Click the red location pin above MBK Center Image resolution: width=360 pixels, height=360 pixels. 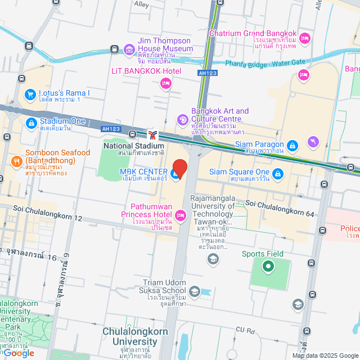pos(179,167)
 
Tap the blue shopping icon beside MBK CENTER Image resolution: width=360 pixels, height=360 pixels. pos(175,175)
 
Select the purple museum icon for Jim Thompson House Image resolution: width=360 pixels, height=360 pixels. pos(129,49)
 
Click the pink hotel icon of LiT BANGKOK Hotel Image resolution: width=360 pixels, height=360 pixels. pos(165,84)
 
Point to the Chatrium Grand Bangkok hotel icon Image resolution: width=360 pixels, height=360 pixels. pos(304,38)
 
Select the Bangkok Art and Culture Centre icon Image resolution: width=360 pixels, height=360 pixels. pos(182,119)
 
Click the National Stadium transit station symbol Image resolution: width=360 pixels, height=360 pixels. pos(152,134)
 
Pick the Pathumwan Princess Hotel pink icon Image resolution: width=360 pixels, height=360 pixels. pos(181,214)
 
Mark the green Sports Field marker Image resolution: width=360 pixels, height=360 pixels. pos(268,266)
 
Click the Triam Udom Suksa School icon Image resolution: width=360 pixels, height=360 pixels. pos(194,291)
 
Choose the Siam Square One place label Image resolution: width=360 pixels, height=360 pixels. pos(240,172)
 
